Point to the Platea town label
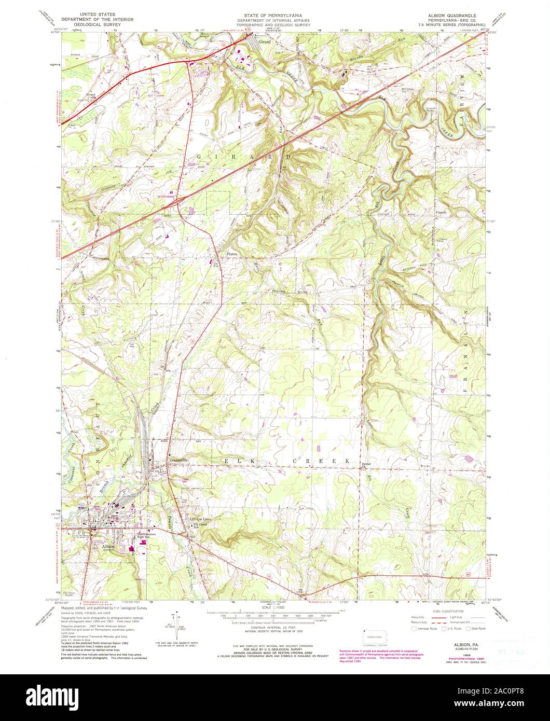point(231,254)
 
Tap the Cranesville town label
point(177,459)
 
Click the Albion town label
point(108,546)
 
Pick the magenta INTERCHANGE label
point(169,197)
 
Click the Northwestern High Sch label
point(147,536)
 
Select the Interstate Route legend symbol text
point(427,628)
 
